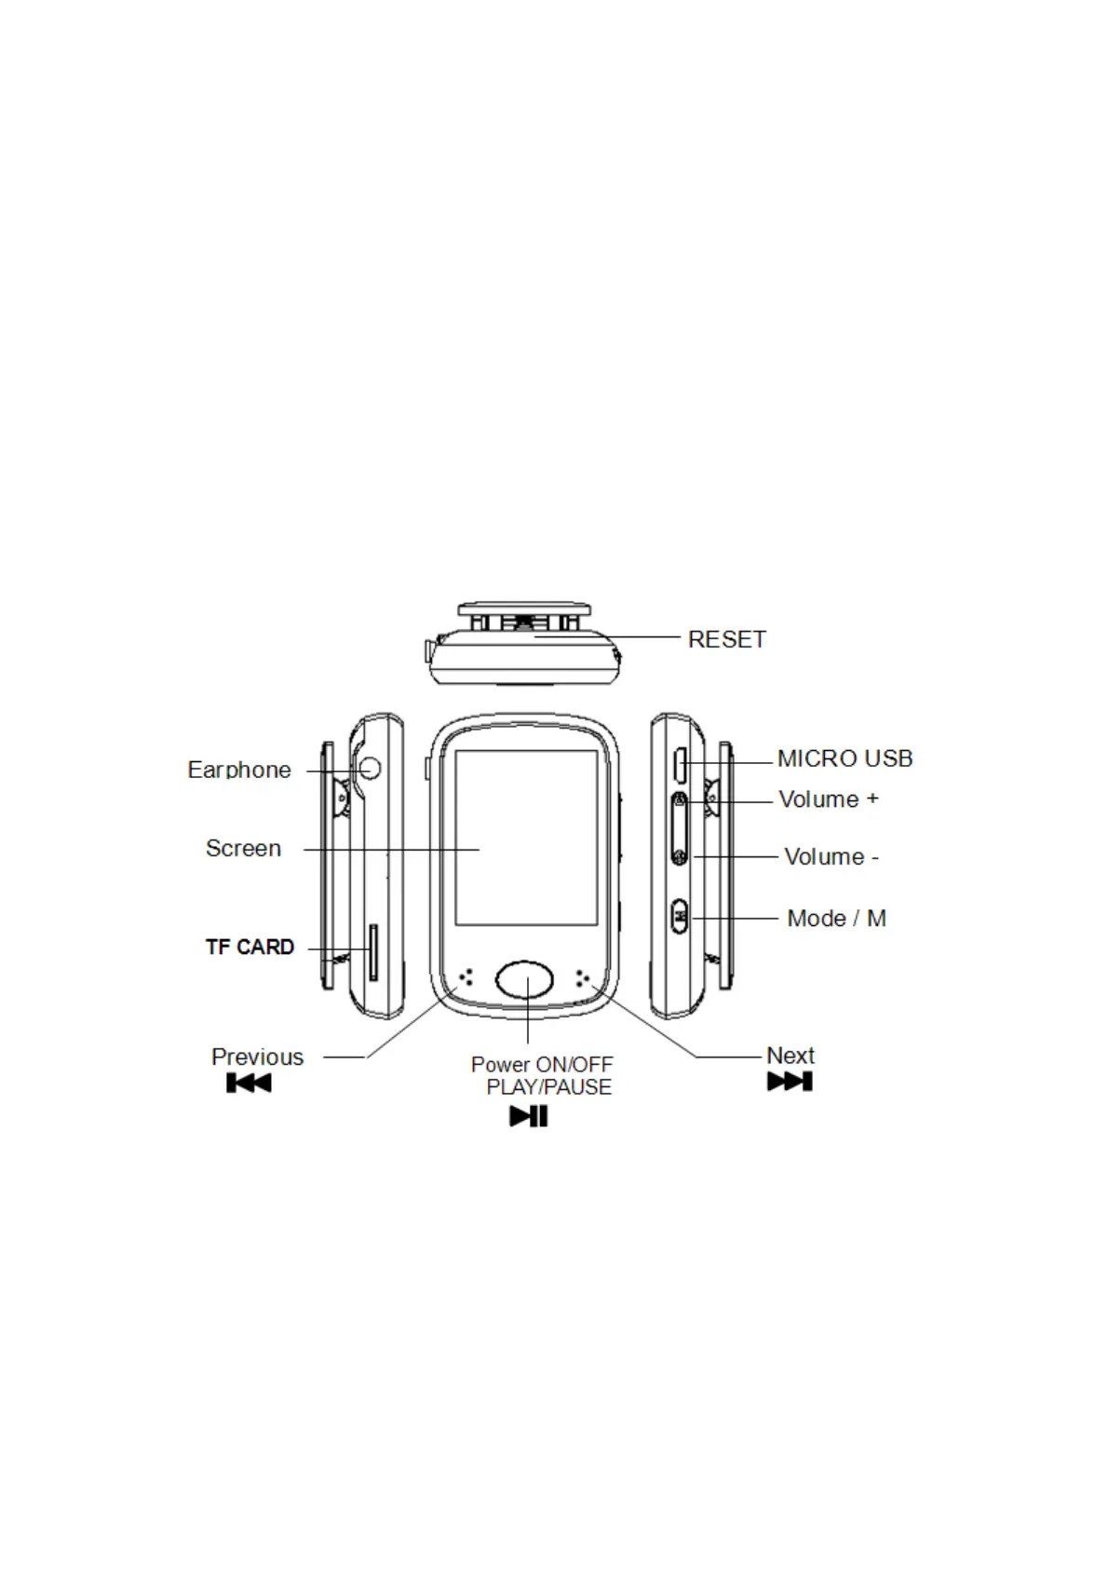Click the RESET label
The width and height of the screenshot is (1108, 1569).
tap(726, 639)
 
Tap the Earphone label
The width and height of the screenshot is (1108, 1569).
tap(239, 770)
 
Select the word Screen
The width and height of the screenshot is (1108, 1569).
tap(243, 848)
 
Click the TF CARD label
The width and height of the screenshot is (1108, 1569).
tap(250, 947)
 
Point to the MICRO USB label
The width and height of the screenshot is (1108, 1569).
tap(845, 758)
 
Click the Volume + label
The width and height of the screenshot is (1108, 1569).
tap(828, 799)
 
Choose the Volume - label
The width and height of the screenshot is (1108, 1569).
tap(831, 856)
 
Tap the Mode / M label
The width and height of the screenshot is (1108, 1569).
tap(836, 918)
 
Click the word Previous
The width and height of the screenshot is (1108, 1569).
tap(257, 1057)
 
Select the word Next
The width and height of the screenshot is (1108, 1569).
tap(790, 1055)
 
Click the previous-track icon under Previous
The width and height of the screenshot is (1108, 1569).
tap(249, 1083)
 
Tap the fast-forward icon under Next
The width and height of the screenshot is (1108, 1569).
tap(790, 1081)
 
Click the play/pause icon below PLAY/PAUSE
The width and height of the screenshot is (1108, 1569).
tap(528, 1115)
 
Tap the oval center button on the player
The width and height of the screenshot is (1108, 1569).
tap(525, 979)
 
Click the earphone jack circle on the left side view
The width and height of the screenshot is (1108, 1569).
tap(371, 769)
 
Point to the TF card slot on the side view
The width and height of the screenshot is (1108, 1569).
tap(373, 952)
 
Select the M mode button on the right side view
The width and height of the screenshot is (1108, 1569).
tap(680, 915)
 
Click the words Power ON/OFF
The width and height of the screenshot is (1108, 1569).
tap(542, 1064)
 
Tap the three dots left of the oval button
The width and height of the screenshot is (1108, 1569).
tap(467, 976)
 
